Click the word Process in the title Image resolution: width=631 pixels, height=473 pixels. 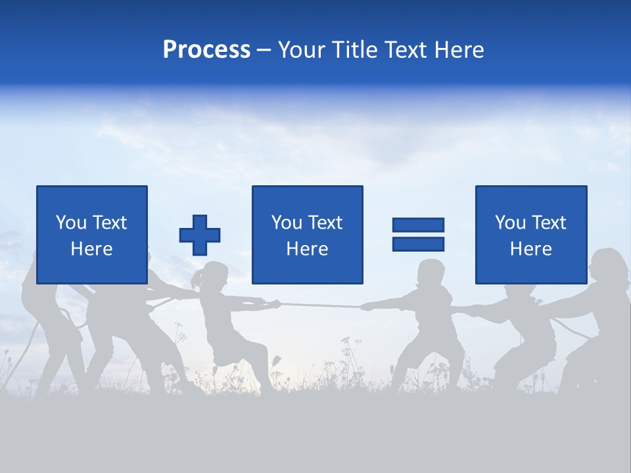[x=206, y=50]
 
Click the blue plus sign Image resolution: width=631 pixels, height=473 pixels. [x=200, y=235]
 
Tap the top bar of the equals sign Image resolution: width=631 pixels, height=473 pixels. [x=418, y=225]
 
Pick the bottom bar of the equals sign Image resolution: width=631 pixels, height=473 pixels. [x=418, y=244]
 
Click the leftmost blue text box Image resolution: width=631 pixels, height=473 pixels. [x=92, y=235]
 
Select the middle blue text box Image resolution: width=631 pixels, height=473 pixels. [x=307, y=235]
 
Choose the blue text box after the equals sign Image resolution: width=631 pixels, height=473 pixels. [x=530, y=235]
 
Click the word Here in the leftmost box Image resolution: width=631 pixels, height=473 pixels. [x=92, y=248]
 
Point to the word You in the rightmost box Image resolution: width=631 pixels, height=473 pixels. [x=511, y=223]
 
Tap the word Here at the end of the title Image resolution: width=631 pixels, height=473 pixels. [x=459, y=50]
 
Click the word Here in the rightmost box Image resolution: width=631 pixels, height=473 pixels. [x=530, y=248]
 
